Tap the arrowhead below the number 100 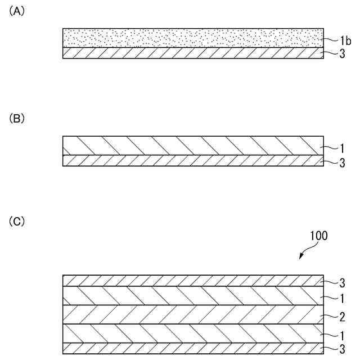pyautogui.click(x=301, y=257)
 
